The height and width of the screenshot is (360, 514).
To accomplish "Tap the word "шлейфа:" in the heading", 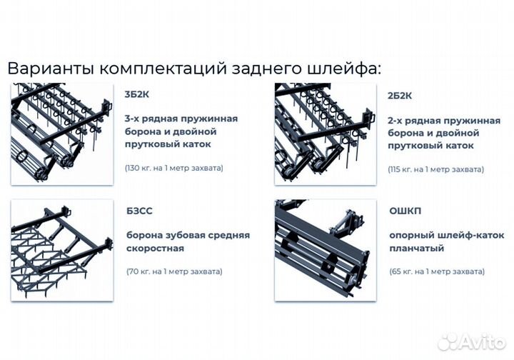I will pyautogui.click(x=346, y=69).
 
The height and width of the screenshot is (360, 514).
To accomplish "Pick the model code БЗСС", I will pyautogui.click(x=140, y=211).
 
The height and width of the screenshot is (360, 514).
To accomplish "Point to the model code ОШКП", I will pyautogui.click(x=405, y=211).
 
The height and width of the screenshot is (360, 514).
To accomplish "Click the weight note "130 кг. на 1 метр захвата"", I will pyautogui.click(x=174, y=168).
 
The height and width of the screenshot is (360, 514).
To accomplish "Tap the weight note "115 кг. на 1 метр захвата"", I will pyautogui.click(x=436, y=169).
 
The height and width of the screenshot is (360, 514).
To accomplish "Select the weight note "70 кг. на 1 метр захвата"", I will pyautogui.click(x=174, y=271).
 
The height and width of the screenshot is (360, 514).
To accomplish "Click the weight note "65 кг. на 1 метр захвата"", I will pyautogui.click(x=437, y=271).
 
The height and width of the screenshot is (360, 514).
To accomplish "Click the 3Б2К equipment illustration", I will pyautogui.click(x=62, y=134).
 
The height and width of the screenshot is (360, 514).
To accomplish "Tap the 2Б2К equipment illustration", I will pyautogui.click(x=325, y=134).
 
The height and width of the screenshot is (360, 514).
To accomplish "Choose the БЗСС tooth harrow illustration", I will pyautogui.click(x=62, y=250).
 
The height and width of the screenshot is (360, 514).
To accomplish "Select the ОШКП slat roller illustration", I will pyautogui.click(x=325, y=250).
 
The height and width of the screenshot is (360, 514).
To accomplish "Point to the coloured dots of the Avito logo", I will pyautogui.click(x=448, y=341).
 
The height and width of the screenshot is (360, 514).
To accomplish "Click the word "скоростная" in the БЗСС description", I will pyautogui.click(x=156, y=248).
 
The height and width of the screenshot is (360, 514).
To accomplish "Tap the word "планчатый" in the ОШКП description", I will pyautogui.click(x=417, y=248).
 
